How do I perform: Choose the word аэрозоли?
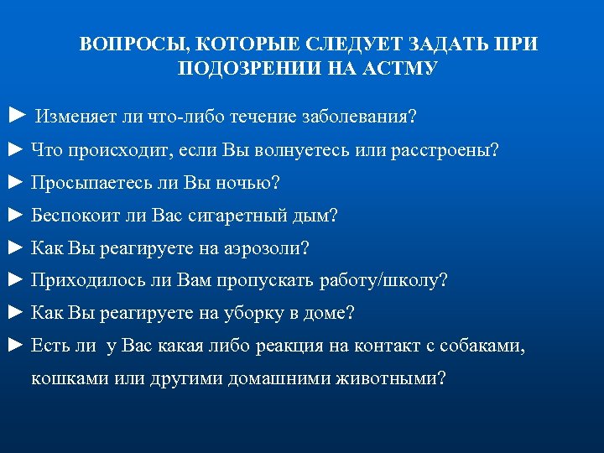coord(268,248)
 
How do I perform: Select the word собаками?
coord(479,346)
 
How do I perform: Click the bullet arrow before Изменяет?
coord(15,115)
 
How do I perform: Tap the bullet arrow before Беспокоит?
coord(15,216)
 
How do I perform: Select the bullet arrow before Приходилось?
coord(15,281)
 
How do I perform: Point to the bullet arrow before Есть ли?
coord(15,346)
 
